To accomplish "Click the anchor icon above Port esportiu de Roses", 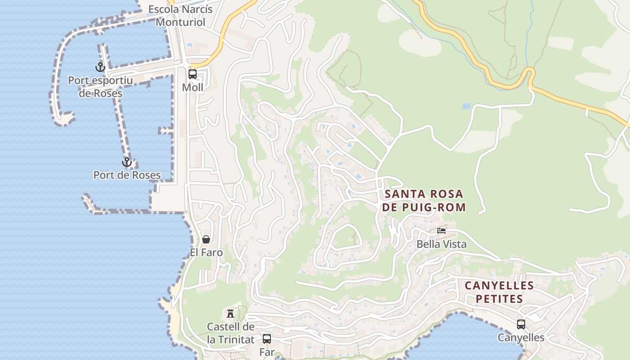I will coord(100,67).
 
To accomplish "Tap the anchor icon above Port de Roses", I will coord(127,162).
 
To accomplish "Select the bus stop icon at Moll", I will coord(193,74).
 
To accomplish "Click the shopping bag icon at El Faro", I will coord(206,239).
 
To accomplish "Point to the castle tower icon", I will coord(230,313).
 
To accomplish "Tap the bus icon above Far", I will coord(267,338).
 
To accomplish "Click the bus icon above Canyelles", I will coord(521,324).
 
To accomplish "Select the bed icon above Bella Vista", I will coord(441,230).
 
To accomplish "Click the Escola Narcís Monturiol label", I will coord(180,15).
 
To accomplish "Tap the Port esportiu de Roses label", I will coord(100,87).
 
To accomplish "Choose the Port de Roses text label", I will coord(127,175).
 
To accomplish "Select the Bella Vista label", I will coord(441,244).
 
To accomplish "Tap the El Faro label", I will coord(206,252).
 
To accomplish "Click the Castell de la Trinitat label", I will coord(230,333).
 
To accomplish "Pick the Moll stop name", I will coord(193,87).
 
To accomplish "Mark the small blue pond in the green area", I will coord(466,107).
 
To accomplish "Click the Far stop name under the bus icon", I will coord(267,352).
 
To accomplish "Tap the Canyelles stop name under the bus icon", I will coord(521,337).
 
